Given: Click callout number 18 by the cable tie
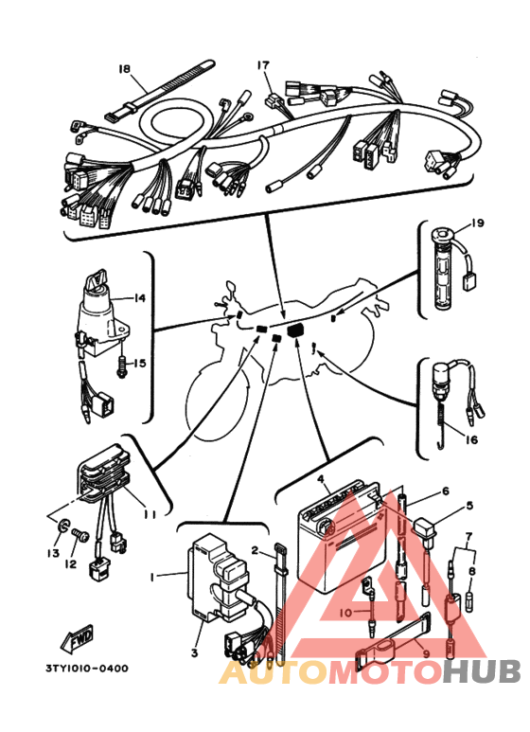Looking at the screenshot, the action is (125, 68).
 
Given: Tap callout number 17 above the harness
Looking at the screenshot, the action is (263, 65).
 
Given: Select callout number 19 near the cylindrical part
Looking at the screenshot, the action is (477, 223).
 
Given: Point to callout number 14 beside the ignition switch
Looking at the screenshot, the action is (139, 297).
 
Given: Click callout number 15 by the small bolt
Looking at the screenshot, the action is (139, 363).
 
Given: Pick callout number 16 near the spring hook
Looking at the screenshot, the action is (471, 439).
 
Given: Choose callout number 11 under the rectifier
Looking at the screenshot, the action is (150, 514).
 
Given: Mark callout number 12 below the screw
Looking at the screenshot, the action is (70, 564).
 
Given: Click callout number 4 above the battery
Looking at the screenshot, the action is (321, 479).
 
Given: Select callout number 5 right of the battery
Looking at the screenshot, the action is (469, 505).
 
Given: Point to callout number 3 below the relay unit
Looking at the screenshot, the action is (195, 652).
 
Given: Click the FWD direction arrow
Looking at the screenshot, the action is (77, 638).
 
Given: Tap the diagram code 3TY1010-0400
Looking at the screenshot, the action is (87, 668).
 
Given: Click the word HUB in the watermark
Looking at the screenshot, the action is (482, 670).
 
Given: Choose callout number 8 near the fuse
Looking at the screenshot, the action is (472, 570).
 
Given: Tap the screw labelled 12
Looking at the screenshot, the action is (79, 535).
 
